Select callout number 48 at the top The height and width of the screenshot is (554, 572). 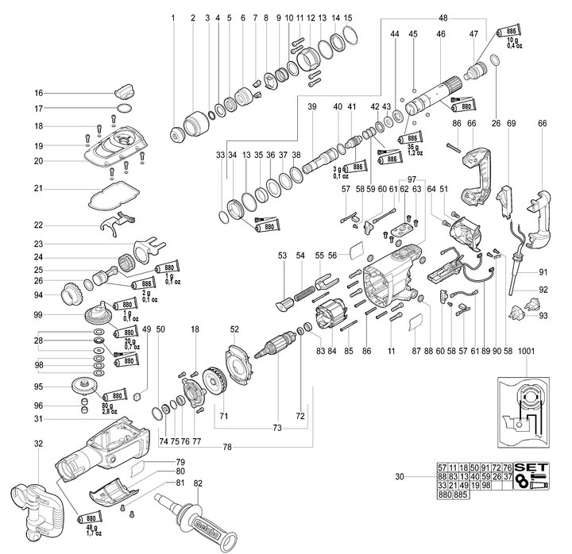tap(443, 17)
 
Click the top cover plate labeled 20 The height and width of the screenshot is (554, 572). tap(120, 150)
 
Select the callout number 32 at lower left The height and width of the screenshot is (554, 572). tap(37, 444)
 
